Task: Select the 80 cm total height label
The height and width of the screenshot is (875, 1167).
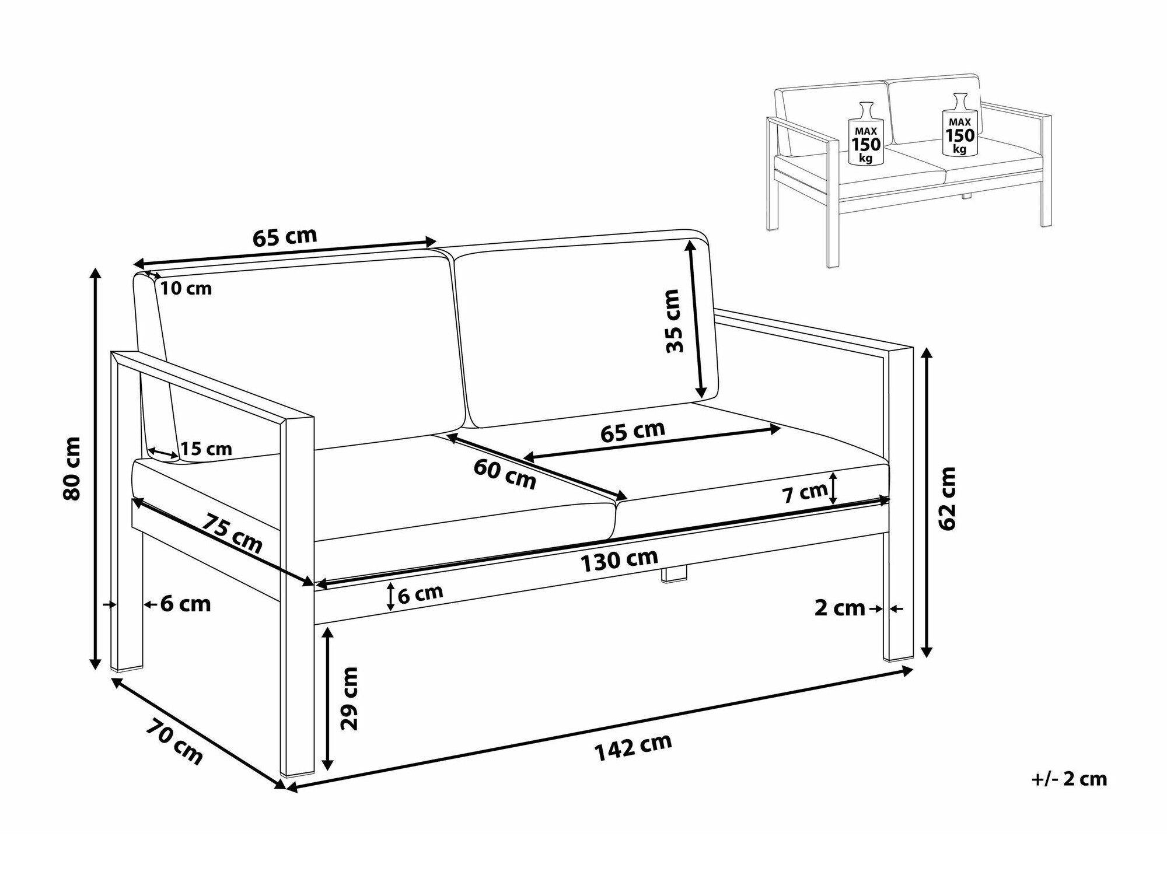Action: pos(72,468)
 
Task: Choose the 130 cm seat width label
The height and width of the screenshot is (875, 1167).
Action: pos(619,560)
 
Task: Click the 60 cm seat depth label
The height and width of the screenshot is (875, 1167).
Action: pos(505,474)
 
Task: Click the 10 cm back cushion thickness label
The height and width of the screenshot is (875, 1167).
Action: pos(186,288)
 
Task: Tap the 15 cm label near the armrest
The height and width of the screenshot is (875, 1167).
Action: pos(206,449)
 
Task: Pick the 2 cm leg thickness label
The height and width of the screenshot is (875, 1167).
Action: pos(840,608)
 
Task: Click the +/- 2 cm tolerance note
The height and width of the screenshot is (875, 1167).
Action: pos(1069,779)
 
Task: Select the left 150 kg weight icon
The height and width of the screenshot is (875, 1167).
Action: pos(865,134)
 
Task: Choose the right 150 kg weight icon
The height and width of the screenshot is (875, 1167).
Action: pos(960,124)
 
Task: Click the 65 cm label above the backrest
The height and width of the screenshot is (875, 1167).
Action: pos(285,237)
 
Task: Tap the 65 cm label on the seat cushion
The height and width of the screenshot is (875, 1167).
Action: pos(633,432)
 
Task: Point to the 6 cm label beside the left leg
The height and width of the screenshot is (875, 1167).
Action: pos(186,604)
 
